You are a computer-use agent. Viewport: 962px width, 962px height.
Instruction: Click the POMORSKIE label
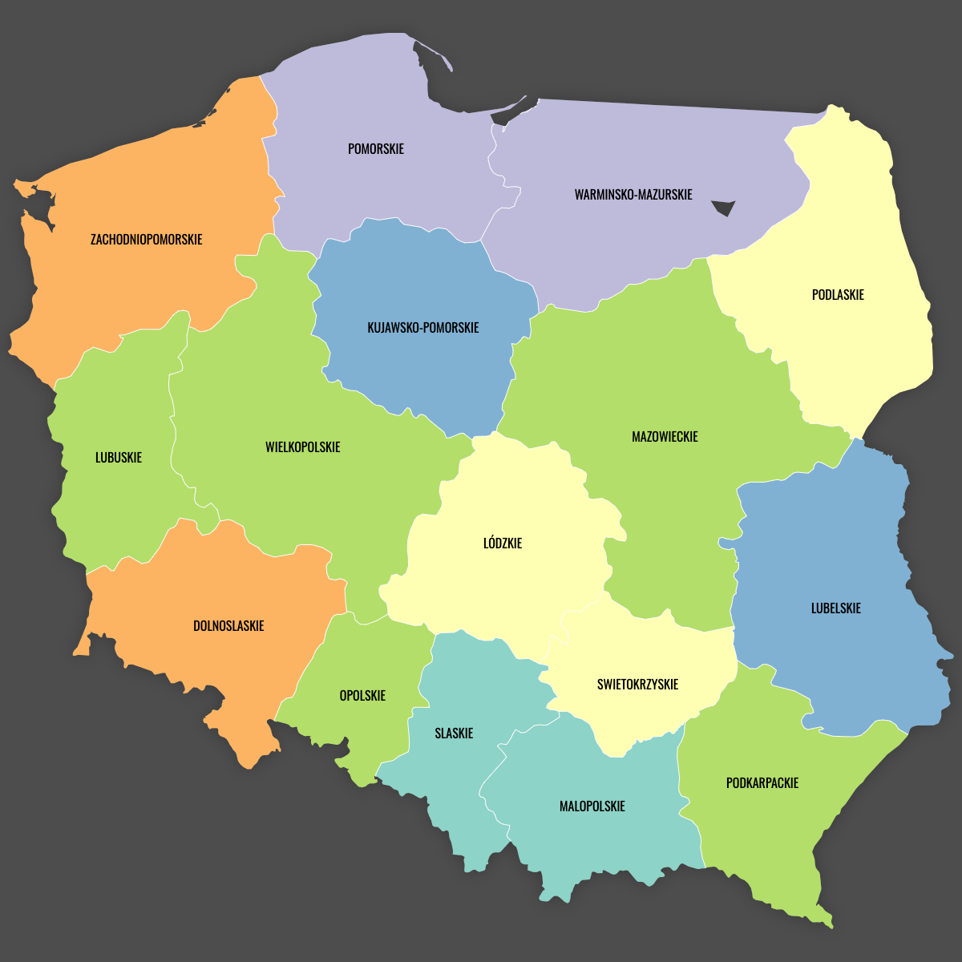(x=376, y=149)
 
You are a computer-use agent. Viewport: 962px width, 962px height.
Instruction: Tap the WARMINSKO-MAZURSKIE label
(x=633, y=195)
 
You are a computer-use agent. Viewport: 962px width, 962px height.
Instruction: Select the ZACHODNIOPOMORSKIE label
(x=147, y=240)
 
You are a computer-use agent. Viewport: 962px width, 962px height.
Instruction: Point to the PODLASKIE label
(x=838, y=295)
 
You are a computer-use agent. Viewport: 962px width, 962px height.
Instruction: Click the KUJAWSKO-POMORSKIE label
(x=423, y=328)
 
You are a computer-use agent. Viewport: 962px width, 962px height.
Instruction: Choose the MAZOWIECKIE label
(x=665, y=437)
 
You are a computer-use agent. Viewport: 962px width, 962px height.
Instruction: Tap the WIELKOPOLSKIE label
(x=303, y=447)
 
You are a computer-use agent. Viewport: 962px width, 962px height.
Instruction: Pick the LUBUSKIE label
(x=119, y=458)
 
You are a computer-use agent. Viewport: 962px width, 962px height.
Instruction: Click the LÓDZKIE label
(x=503, y=544)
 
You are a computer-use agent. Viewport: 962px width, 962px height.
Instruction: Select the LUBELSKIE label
(x=836, y=608)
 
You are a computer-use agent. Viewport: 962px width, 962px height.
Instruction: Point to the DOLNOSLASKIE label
(x=228, y=626)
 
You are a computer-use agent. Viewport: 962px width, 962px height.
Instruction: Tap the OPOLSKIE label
(x=362, y=696)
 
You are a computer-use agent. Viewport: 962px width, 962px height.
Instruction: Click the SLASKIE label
(x=454, y=734)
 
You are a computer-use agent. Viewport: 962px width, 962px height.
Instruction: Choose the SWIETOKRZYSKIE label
(x=637, y=685)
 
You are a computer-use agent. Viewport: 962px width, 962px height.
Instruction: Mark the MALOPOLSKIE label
(x=592, y=806)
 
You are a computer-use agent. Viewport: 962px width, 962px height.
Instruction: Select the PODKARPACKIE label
(x=762, y=783)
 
